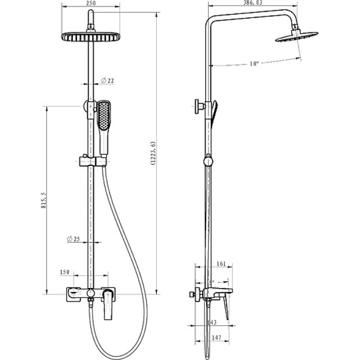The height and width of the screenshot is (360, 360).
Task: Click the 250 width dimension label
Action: (91, 3)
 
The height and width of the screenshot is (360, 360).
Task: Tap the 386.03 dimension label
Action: (253, 3)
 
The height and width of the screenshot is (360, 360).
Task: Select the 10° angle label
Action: (254, 63)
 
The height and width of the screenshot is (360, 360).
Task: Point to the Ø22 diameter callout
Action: (107, 81)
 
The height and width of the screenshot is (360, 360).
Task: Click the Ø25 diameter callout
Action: (73, 239)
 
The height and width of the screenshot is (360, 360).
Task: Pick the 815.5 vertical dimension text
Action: (44, 200)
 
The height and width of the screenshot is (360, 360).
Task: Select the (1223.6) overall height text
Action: (153, 153)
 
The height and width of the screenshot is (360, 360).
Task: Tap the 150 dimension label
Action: (64, 272)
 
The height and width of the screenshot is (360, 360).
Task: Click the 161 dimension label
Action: (221, 264)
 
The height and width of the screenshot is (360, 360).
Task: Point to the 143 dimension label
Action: (211, 322)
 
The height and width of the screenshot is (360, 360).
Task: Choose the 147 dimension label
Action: (216, 338)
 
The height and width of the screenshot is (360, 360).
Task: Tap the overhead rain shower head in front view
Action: (91, 37)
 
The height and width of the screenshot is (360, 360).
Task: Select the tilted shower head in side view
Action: (297, 37)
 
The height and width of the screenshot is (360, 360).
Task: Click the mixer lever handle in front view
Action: (108, 305)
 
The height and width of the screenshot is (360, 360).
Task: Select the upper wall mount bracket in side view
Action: (200, 106)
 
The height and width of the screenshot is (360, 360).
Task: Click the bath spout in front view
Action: (73, 294)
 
